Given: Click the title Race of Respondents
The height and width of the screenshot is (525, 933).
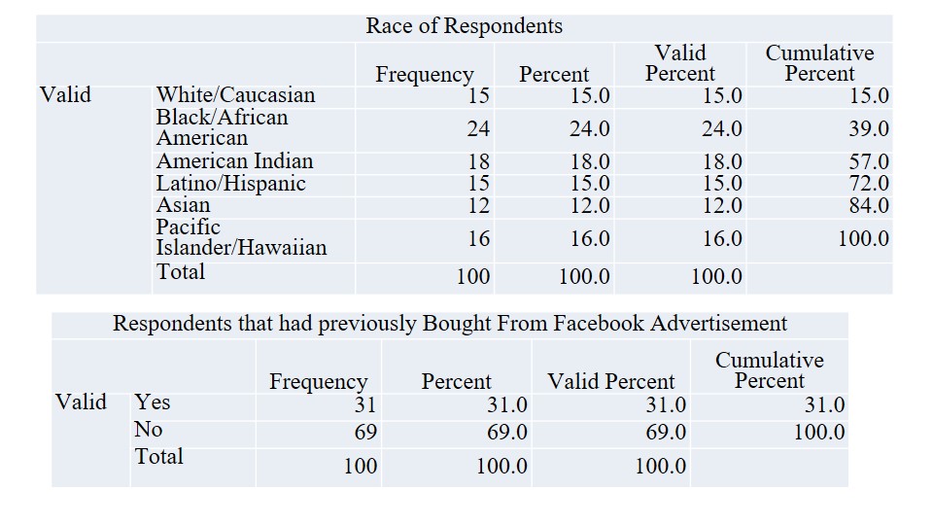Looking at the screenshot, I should tap(464, 26).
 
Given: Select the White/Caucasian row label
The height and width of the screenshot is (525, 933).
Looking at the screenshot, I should tap(235, 95).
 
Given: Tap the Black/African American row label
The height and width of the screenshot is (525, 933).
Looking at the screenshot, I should tap(222, 127).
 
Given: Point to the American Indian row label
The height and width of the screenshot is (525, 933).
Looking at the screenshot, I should tap(234, 161).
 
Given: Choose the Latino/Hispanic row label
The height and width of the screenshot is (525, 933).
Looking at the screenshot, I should tap(230, 184).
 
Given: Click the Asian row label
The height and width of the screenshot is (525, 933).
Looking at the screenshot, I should tap(183, 205).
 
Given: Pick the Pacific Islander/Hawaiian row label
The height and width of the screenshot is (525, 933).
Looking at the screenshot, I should tap(241, 237).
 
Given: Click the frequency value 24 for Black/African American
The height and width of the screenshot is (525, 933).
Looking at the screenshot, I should tap(477, 128).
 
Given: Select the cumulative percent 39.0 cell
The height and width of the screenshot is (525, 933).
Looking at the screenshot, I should tap(869, 128).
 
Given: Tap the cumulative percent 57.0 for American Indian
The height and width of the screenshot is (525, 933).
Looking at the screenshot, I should tap(869, 161).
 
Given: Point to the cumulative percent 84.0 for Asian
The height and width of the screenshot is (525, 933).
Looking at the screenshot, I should tap(869, 205).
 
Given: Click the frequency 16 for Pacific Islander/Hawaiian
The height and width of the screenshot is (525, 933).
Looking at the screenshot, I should tap(477, 238).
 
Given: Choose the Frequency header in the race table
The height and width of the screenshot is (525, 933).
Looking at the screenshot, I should tap(425, 75).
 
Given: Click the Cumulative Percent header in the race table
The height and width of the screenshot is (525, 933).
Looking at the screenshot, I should tap(819, 63).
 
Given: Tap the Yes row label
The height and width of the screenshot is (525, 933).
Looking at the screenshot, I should tap(152, 402).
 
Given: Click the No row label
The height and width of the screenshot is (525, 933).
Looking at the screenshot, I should tap(149, 430).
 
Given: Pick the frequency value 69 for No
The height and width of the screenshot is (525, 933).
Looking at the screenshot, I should tap(363, 431).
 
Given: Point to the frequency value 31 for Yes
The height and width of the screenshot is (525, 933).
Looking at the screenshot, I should tap(363, 404).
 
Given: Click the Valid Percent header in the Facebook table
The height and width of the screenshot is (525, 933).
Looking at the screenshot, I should tap(610, 382).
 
